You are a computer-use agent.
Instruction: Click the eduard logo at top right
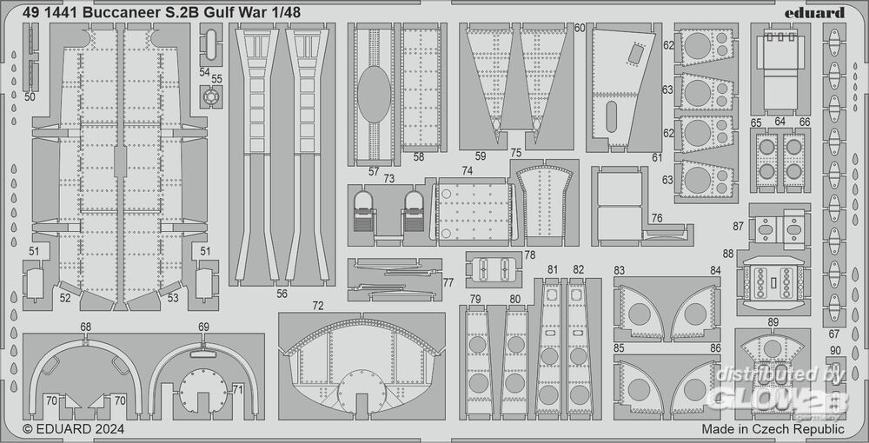coord(819,11)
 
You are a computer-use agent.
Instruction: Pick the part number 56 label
coord(282,294)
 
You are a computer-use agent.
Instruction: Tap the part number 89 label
coord(773,322)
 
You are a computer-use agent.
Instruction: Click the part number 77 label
coord(448,282)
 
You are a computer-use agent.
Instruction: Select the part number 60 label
coord(580,28)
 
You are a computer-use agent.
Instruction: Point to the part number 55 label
coord(216,78)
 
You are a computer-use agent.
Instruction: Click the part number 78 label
coord(529,255)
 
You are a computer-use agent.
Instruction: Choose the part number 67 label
coord(834,334)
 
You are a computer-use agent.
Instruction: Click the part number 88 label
coord(727,254)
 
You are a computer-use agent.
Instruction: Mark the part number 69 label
coord(203,327)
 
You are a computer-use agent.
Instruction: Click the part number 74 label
coord(468,171)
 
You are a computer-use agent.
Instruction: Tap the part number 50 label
coord(30,97)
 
